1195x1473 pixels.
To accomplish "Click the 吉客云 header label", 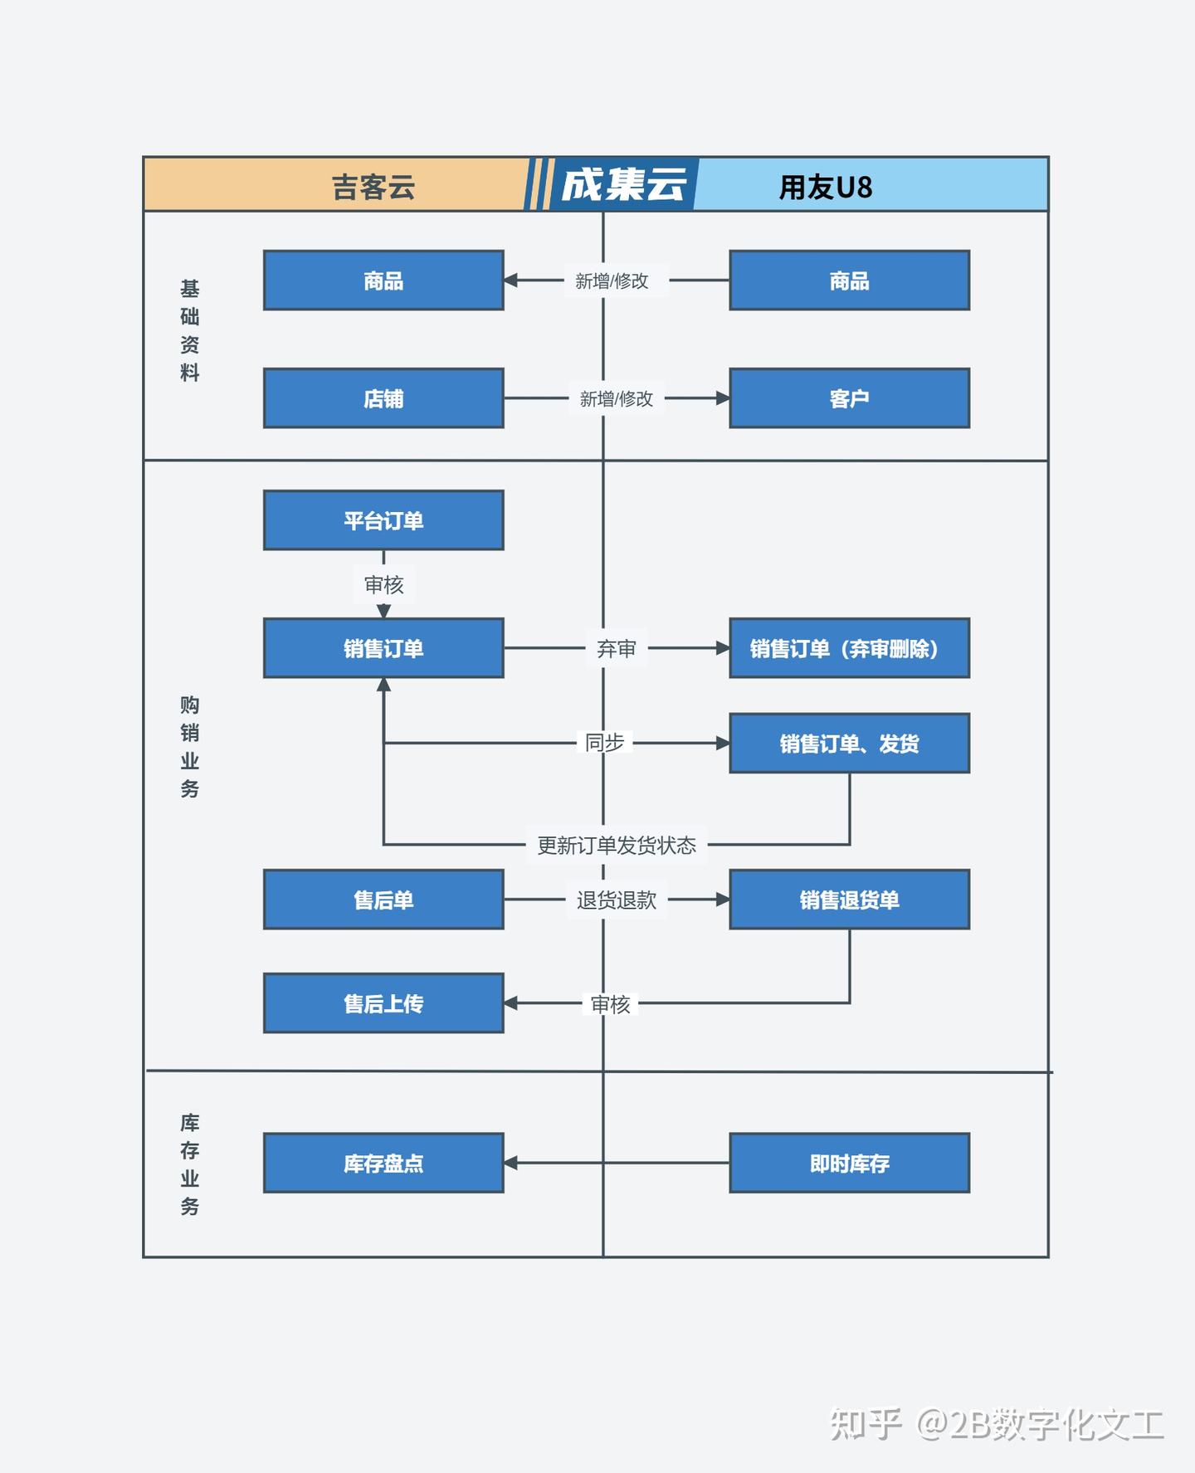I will pos(373,187).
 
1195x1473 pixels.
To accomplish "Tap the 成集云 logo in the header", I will pos(623,184).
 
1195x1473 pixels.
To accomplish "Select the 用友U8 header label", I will pos(826,187).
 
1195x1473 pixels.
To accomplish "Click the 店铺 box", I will pos(383,398).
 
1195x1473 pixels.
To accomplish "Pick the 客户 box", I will pos(849,398).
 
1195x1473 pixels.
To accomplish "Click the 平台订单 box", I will pos(383,520).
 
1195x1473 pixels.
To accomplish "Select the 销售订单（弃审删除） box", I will pos(849,648).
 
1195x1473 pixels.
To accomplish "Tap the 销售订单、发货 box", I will pos(849,744).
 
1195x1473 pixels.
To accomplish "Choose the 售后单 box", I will pos(383,900).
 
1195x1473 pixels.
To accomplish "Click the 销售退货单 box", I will pos(849,900).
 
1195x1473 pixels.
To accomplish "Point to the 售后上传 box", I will pos(383,1003).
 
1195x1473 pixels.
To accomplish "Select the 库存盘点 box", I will pos(383,1163).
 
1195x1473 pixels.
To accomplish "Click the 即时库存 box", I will pos(849,1163).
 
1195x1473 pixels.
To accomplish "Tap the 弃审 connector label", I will pos(617,648).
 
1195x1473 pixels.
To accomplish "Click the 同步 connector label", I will pos(604,743).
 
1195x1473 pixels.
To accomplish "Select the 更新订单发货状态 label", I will pos(617,845).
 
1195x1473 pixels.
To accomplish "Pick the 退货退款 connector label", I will pos(617,900).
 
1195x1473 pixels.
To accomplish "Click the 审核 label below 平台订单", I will pos(383,585).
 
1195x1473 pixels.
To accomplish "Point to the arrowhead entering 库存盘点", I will pos(510,1163).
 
